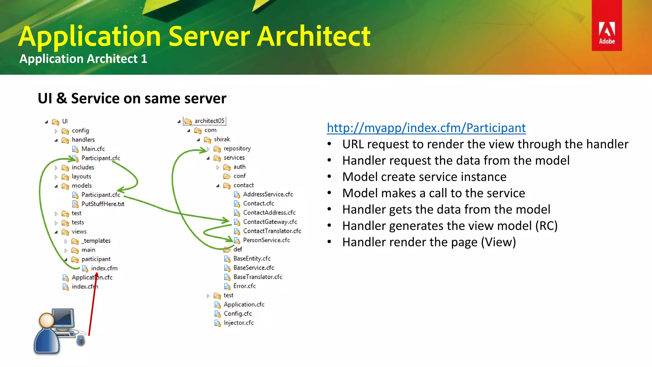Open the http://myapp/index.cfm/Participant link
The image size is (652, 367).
click(x=426, y=128)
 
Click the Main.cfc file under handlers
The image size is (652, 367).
click(x=93, y=149)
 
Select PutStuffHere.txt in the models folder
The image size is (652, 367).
click(x=103, y=204)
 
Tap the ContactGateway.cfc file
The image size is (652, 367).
click(x=270, y=222)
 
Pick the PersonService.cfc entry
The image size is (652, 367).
click(x=266, y=240)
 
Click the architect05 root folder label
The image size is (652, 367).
click(x=209, y=121)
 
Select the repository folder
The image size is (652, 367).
click(x=237, y=148)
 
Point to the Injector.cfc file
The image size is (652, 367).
click(x=238, y=323)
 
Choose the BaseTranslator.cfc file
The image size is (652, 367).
click(x=258, y=277)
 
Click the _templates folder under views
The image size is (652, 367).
click(x=96, y=241)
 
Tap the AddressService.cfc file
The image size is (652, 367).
click(x=268, y=194)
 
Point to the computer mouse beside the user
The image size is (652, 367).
click(x=81, y=340)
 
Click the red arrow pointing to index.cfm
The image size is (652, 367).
click(x=93, y=306)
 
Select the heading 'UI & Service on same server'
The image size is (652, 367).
click(x=132, y=98)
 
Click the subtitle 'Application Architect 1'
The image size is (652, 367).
click(x=83, y=59)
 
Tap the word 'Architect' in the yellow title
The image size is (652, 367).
click(x=314, y=36)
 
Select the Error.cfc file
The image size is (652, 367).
click(x=244, y=286)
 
